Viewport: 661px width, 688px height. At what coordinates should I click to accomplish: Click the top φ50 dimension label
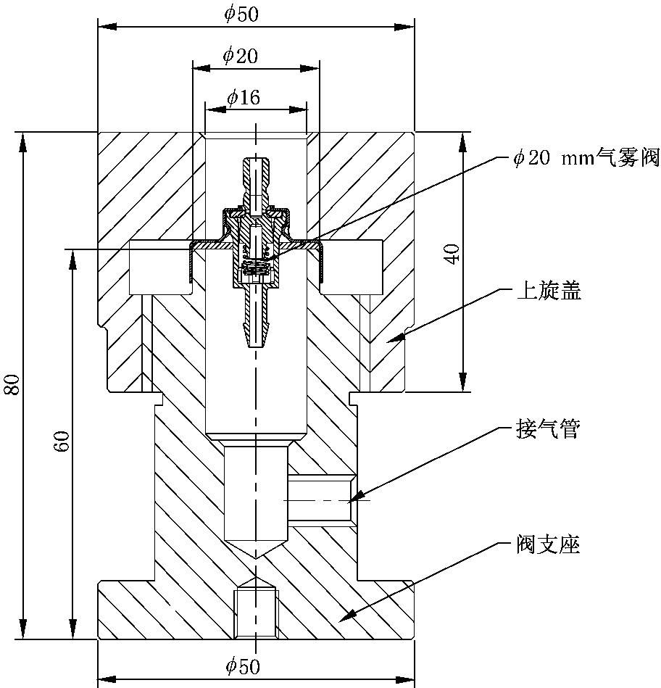241,14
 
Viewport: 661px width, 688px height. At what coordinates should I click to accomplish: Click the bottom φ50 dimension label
241,666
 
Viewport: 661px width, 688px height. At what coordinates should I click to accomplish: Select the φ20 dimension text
240,56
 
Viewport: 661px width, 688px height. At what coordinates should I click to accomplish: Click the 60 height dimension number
62,442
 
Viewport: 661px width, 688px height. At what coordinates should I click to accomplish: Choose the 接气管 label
547,430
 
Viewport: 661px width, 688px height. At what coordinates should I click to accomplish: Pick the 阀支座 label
548,544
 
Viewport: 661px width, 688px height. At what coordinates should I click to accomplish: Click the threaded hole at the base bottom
257,612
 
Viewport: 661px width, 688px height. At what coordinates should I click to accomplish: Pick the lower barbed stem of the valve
256,319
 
